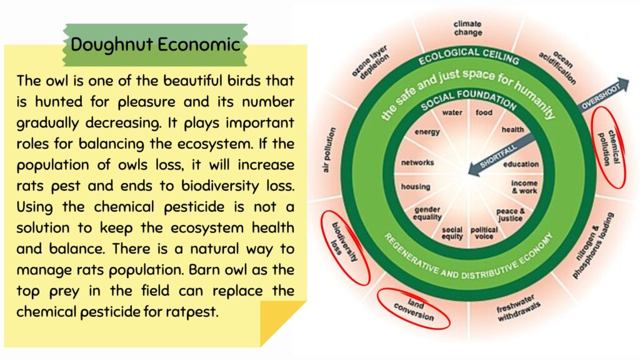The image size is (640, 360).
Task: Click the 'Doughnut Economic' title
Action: click(155, 44)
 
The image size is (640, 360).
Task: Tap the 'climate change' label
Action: click(467, 28)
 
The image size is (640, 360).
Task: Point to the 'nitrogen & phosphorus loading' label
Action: click(593, 245)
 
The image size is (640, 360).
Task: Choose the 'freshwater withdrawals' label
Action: click(518, 308)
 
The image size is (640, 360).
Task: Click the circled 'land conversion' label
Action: click(414, 310)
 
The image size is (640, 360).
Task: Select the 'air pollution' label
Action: click(329, 150)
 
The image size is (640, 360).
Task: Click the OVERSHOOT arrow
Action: click(604, 95)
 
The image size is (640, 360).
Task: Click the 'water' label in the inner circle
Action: click(452, 112)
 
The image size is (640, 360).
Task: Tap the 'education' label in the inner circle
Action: click(521, 164)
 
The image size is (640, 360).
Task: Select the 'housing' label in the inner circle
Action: click(416, 186)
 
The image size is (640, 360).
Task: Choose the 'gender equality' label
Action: click(427, 213)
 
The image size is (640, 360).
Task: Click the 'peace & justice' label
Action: click(511, 215)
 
